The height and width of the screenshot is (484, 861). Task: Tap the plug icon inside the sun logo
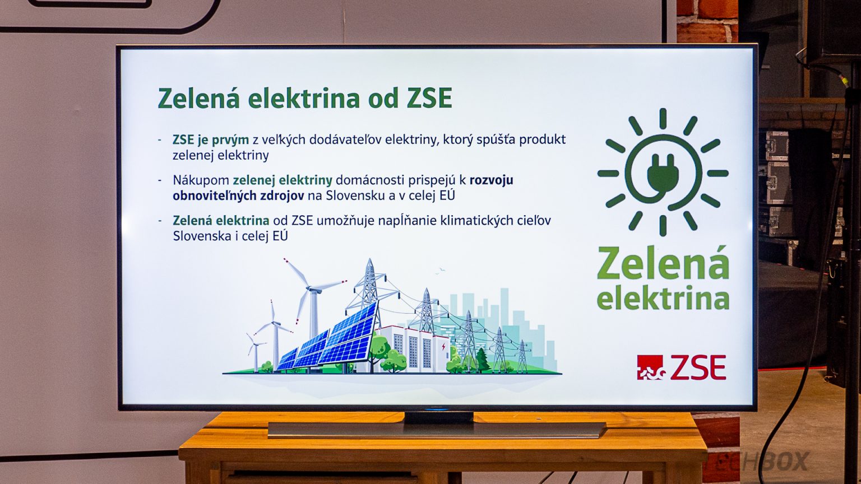click(662, 175)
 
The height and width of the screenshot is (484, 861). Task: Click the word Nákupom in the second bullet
click(201, 180)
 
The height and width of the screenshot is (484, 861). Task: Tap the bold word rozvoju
click(491, 180)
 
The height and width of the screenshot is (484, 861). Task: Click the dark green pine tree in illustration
click(482, 360)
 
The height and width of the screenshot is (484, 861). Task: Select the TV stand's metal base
click(437, 429)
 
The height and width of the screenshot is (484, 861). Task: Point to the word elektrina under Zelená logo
click(663, 297)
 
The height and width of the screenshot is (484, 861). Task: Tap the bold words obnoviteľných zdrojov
click(238, 196)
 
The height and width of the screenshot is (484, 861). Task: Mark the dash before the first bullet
click(160, 140)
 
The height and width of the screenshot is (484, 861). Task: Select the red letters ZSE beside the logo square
click(698, 367)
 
